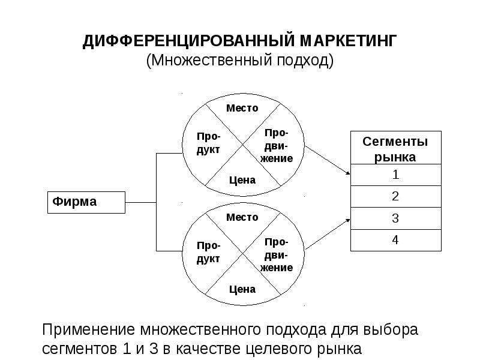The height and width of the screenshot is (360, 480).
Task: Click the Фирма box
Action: (x=86, y=202)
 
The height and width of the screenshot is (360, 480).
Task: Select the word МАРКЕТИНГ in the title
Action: (x=348, y=41)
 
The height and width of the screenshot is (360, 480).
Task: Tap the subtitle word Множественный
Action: (x=211, y=60)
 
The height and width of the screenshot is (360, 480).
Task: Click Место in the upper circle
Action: (x=242, y=108)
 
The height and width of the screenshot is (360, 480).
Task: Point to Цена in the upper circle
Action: (x=242, y=180)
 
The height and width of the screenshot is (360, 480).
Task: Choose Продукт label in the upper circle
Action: (x=208, y=143)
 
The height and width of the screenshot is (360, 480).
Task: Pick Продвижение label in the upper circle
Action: (x=277, y=146)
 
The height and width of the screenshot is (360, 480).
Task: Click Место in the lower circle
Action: (x=242, y=217)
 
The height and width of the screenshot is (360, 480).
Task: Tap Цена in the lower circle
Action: (x=242, y=289)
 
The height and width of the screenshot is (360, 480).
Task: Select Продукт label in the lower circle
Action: (x=208, y=252)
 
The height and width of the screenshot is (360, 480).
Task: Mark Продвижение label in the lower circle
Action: (x=277, y=255)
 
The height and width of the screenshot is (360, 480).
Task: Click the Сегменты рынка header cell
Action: (x=396, y=148)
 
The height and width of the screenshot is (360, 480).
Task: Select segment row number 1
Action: (x=396, y=175)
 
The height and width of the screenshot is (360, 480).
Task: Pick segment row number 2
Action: (x=396, y=197)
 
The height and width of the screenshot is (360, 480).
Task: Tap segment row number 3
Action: (x=396, y=218)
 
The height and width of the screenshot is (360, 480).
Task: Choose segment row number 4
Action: (x=396, y=241)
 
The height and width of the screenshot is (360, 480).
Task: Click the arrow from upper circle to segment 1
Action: (x=328, y=160)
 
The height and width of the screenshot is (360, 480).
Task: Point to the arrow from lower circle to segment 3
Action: (x=328, y=234)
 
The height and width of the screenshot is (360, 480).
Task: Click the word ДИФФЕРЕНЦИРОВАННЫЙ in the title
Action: (x=188, y=41)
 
